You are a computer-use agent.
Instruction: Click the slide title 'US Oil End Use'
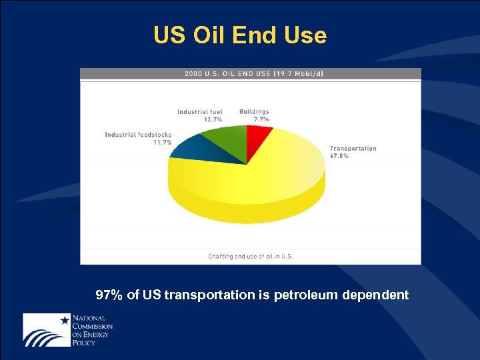[240, 35]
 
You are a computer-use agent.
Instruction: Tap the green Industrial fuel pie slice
[224, 140]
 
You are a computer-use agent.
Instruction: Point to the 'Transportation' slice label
[353, 149]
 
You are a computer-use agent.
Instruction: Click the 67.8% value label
[339, 156]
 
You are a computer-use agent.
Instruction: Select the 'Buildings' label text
[254, 112]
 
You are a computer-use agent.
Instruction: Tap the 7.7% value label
[261, 119]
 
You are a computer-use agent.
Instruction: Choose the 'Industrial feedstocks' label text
[138, 135]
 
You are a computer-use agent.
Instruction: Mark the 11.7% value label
[162, 142]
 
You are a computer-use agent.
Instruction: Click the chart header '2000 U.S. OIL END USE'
[227, 74]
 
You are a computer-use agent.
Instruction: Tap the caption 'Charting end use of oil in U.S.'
[251, 256]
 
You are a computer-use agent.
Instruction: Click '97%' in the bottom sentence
[109, 295]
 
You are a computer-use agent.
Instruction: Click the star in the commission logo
[65, 321]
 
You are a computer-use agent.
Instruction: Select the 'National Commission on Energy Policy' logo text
[92, 330]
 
